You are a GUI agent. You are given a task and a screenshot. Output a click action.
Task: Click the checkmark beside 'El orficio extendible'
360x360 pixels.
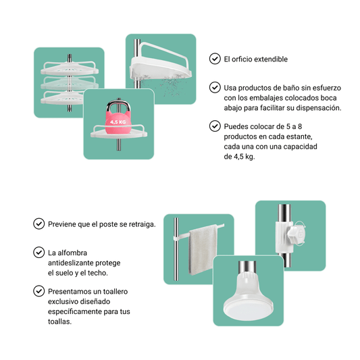(x=215, y=59)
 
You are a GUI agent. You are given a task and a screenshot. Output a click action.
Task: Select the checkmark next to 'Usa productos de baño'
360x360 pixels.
(x=215, y=88)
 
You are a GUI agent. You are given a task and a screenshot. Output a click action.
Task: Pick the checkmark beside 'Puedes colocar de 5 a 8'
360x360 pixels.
(x=215, y=126)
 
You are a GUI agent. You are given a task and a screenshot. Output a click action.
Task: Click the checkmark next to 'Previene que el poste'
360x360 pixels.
(x=38, y=224)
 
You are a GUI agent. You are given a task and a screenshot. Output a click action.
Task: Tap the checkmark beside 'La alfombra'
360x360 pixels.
(x=38, y=253)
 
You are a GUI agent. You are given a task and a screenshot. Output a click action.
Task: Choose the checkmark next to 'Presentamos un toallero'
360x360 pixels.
(x=38, y=291)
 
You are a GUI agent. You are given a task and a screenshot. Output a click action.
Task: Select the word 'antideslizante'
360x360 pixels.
(x=70, y=263)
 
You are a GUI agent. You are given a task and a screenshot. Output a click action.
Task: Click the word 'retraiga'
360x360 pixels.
(x=142, y=224)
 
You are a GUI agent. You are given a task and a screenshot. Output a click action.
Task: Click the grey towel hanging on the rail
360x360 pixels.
(x=203, y=250)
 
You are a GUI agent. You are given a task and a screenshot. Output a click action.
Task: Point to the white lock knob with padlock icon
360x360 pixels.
(x=297, y=234)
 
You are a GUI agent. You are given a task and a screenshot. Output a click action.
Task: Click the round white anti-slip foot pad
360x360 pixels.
(x=249, y=306)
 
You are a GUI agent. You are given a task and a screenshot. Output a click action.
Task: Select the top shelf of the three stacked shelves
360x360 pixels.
(x=70, y=68)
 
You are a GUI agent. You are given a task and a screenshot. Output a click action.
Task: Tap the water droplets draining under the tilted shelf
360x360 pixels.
(x=165, y=85)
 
